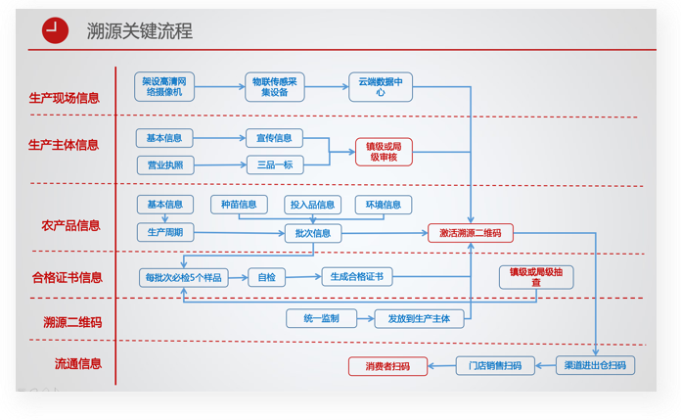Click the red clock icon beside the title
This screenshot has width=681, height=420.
coord(55,30)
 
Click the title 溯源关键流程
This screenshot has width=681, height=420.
coord(139,31)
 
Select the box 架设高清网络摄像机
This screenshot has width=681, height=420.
coord(164,87)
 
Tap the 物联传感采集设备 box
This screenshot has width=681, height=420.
coord(275,87)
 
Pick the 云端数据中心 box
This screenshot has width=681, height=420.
coord(381,87)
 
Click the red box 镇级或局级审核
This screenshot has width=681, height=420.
coord(384,152)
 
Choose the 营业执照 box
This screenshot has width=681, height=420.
coord(165,165)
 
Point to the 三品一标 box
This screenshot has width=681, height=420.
coord(275,164)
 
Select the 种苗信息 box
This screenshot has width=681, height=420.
coord(239,205)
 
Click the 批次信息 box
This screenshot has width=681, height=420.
coord(313,233)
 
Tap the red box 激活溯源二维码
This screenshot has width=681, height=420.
coord(471,233)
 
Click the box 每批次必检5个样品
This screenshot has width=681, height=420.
coord(183,278)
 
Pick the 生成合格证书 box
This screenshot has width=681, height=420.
coord(357,276)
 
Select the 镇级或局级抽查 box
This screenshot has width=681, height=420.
coord(536,277)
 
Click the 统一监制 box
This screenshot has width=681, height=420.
coord(321,318)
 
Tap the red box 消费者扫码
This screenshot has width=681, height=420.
coord(387,366)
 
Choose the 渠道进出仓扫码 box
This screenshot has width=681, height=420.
coord(596,365)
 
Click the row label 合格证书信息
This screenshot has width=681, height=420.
coord(68,277)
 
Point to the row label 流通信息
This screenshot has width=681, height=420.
coord(78,363)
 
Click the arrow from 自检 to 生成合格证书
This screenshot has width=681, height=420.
coord(303,277)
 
